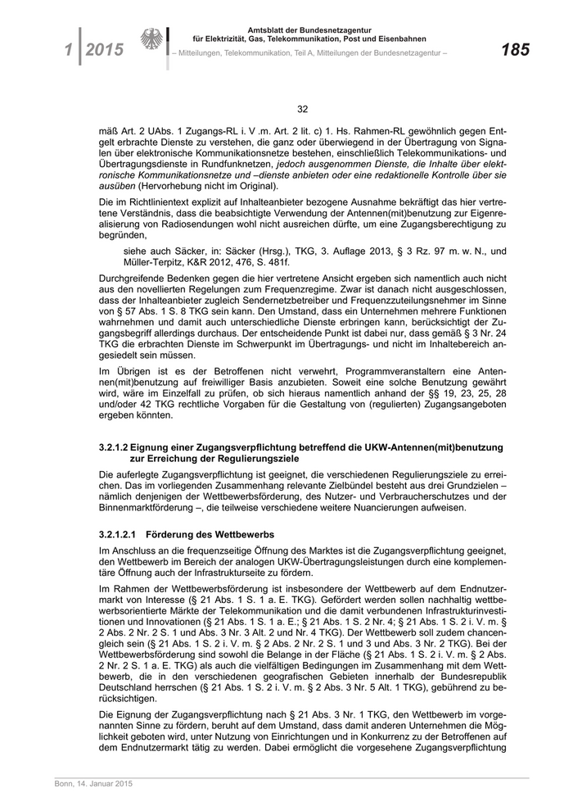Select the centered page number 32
[302, 109]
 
